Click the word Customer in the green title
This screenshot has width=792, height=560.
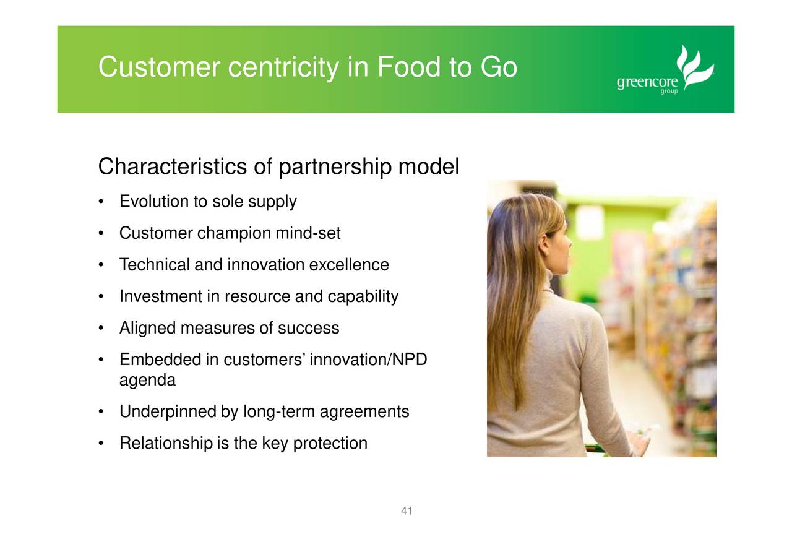pyautogui.click(x=159, y=67)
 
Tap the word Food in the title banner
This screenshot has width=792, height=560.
pyautogui.click(x=410, y=67)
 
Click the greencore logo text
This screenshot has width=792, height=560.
pyautogui.click(x=647, y=83)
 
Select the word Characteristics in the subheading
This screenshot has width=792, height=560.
pyautogui.click(x=173, y=166)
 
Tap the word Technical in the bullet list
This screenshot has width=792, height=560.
pyautogui.click(x=155, y=264)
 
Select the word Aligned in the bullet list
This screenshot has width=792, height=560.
pyautogui.click(x=147, y=328)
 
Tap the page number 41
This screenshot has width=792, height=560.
pyautogui.click(x=407, y=511)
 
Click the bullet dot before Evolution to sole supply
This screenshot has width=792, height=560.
pyautogui.click(x=101, y=202)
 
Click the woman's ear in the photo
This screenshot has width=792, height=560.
pyautogui.click(x=543, y=244)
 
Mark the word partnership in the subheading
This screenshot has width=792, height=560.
pyautogui.click(x=335, y=167)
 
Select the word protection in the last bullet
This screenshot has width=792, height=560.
pyautogui.click(x=330, y=444)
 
